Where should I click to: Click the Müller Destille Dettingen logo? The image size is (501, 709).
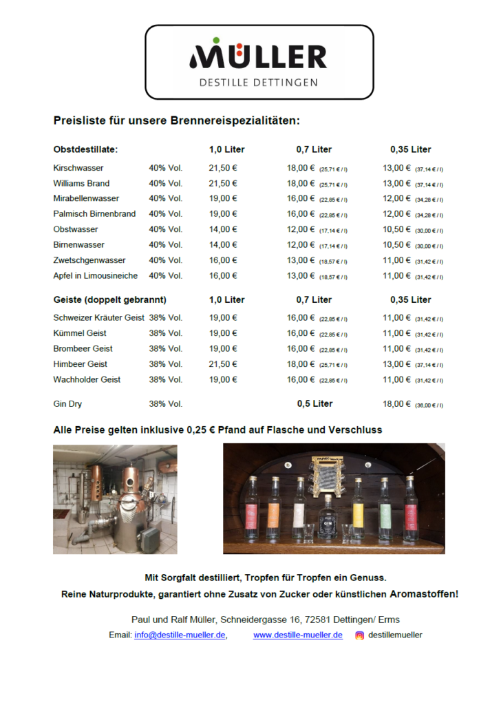tap(259, 63)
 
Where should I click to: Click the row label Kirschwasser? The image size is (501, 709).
tap(78, 168)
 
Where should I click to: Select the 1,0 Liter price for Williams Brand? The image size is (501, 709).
tap(223, 183)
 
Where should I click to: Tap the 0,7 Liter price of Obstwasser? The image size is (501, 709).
tap(301, 229)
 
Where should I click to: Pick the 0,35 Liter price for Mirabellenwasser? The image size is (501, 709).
tap(396, 198)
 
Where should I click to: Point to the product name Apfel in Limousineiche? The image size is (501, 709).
tap(95, 275)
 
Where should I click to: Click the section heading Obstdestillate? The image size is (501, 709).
tap(85, 149)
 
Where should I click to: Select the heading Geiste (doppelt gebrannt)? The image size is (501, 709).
tap(109, 299)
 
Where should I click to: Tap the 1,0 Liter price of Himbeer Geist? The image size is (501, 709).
tap(223, 364)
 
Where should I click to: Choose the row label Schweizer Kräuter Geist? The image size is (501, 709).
tap(98, 318)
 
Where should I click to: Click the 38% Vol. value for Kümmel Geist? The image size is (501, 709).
tap(165, 333)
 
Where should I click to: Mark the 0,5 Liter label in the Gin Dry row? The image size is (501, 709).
tap(315, 403)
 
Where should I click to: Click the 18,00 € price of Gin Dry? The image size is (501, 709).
tap(396, 404)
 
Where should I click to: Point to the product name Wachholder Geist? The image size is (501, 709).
tap(87, 379)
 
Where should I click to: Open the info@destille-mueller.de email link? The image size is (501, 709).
tap(180, 635)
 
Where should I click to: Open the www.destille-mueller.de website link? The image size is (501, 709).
tap(298, 635)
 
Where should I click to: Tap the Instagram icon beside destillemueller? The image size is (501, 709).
tap(359, 635)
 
